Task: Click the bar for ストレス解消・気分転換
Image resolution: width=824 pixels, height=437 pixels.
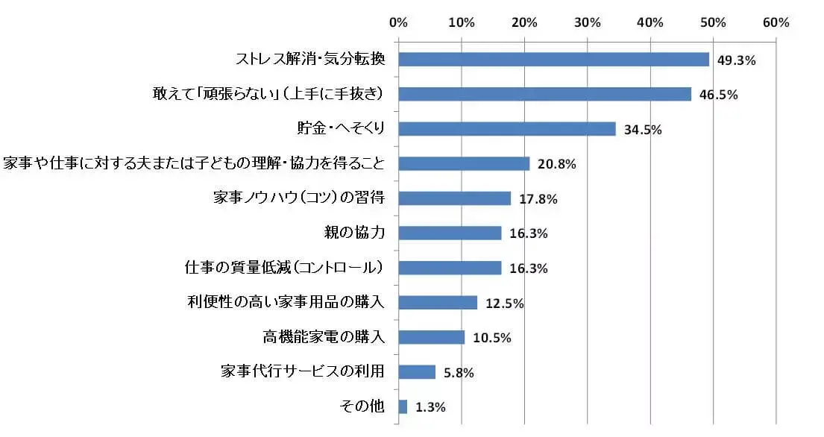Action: click(553, 60)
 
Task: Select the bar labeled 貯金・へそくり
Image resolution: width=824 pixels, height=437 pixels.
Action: click(507, 129)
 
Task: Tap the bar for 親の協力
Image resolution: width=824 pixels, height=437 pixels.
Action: click(450, 233)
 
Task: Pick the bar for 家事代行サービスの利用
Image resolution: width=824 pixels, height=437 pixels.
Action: click(417, 371)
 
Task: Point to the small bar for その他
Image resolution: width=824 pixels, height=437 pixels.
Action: click(403, 406)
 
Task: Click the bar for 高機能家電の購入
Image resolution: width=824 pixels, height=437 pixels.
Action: click(432, 337)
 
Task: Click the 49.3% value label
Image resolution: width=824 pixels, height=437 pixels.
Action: click(737, 60)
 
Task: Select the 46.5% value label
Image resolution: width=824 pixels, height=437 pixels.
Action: click(719, 95)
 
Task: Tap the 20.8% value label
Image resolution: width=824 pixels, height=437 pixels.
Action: click(557, 164)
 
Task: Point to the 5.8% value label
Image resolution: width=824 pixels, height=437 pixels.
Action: click(459, 372)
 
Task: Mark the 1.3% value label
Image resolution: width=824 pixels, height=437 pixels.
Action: click(430, 407)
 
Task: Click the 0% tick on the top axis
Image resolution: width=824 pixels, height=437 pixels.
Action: click(399, 22)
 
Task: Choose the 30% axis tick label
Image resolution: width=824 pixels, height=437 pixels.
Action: click(588, 22)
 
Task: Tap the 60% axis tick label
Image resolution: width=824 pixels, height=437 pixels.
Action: click(776, 22)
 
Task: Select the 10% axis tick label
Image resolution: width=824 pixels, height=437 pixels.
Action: click(462, 22)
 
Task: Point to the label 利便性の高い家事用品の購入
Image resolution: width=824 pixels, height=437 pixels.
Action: click(286, 302)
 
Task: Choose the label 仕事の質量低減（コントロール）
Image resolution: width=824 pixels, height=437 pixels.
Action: click(284, 267)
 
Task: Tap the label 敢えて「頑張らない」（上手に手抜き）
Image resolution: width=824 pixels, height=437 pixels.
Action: click(267, 94)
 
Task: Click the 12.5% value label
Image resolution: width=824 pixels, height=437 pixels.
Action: click(504, 303)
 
